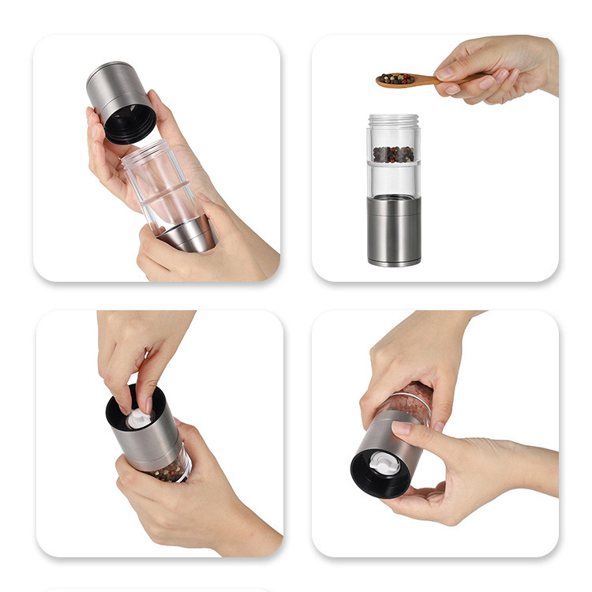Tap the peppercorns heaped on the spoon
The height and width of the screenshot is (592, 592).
(395, 78)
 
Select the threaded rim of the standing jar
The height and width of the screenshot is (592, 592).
(394, 120)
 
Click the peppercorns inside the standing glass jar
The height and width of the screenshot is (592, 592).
(394, 153)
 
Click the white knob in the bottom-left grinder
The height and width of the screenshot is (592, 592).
(139, 418)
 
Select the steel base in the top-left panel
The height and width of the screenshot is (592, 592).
(188, 234)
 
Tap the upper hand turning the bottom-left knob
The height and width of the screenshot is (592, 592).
(138, 347)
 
